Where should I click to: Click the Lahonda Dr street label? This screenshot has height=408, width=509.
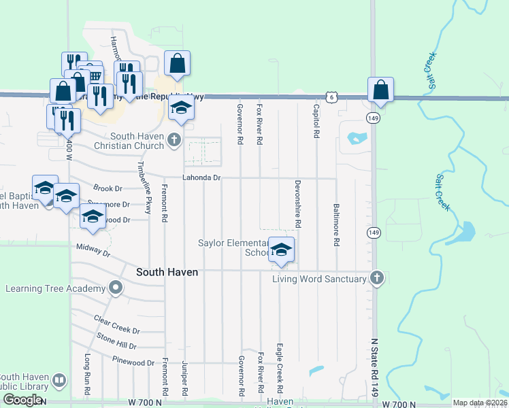(x=202, y=177)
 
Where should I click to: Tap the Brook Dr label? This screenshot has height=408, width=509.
(x=108, y=188)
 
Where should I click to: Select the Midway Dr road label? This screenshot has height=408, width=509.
(x=93, y=250)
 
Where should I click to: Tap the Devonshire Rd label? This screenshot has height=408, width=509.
(x=297, y=203)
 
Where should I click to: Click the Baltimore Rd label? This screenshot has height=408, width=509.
(x=336, y=224)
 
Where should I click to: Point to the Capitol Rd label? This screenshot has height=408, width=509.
(x=316, y=121)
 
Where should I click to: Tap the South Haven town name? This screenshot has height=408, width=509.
(x=167, y=272)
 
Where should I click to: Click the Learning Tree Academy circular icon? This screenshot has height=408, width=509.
(x=116, y=288)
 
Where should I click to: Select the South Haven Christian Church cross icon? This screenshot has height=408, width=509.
(x=174, y=140)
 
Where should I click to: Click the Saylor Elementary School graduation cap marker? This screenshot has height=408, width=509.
(x=281, y=250)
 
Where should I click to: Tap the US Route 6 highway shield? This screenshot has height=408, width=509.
(x=331, y=98)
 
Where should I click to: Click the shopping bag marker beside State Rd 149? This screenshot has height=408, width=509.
(x=380, y=90)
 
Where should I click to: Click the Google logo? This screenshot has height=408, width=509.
(x=22, y=400)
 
